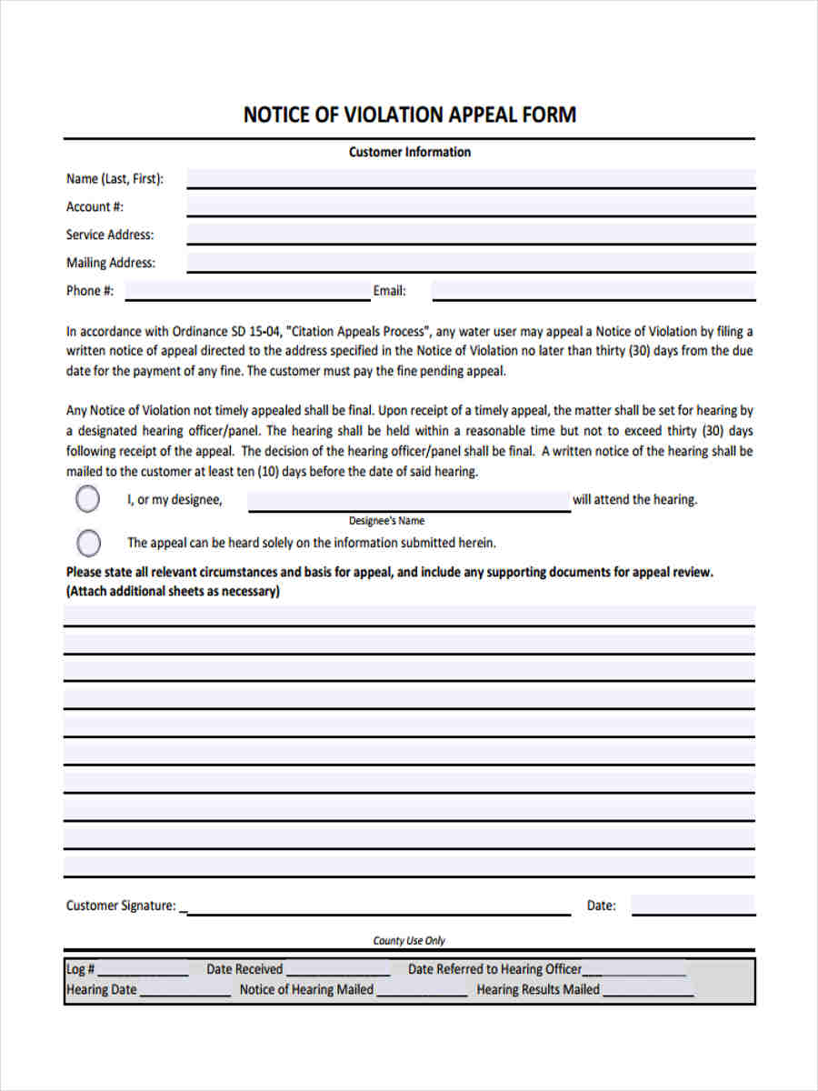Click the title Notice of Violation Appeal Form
click(409, 115)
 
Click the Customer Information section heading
click(409, 152)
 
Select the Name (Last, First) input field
click(470, 178)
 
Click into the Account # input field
click(470, 206)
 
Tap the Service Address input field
click(470, 235)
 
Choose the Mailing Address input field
click(470, 263)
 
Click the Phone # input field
click(247, 291)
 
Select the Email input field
click(593, 291)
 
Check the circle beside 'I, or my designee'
click(88, 499)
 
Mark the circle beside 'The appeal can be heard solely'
click(88, 543)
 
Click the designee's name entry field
click(409, 501)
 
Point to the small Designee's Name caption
click(386, 521)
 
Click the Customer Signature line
click(378, 906)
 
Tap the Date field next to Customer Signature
click(693, 906)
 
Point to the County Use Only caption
click(409, 940)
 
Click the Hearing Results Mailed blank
click(647, 990)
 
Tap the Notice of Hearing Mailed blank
click(422, 990)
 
